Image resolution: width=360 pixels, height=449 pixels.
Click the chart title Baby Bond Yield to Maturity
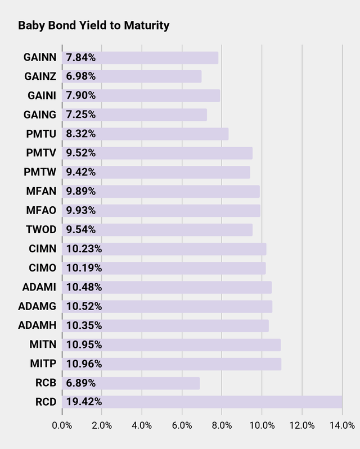click(x=93, y=26)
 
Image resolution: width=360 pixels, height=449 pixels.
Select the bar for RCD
click(x=202, y=402)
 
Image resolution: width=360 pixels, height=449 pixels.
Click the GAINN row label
click(x=40, y=57)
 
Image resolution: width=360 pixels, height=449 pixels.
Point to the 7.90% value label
click(x=81, y=96)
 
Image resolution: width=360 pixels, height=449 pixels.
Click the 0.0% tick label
click(x=62, y=425)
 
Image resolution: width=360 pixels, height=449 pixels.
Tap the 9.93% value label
click(x=81, y=210)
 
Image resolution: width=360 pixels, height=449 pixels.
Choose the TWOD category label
click(x=41, y=229)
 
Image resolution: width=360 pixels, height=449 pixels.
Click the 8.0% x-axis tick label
click(x=222, y=425)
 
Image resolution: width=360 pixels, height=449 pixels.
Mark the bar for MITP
click(x=172, y=364)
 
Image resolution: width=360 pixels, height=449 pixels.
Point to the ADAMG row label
click(x=37, y=306)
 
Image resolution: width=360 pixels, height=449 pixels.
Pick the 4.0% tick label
click(x=142, y=425)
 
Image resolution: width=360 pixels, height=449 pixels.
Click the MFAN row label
click(x=41, y=191)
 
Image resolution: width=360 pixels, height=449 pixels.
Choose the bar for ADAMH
click(x=165, y=325)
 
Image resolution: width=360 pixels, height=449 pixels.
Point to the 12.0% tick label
click(x=301, y=425)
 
